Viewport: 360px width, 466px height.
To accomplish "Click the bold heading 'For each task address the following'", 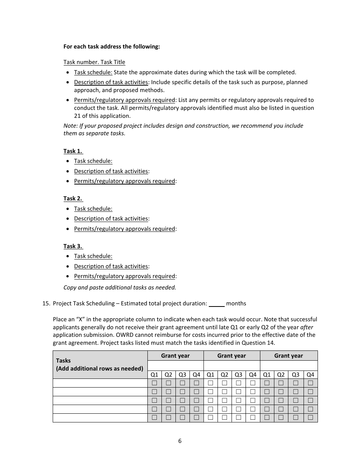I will (x=111, y=47).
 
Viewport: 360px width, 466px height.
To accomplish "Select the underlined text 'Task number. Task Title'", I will (x=94, y=62).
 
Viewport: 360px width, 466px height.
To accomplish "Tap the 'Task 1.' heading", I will (x=73, y=151).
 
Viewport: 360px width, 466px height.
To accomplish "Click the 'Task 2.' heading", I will (x=73, y=199).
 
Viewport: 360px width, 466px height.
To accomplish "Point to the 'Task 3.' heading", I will (x=73, y=246).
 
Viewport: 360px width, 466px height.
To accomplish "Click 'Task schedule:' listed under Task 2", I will (x=93, y=209).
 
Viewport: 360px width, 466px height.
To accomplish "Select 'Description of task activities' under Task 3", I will (x=111, y=266).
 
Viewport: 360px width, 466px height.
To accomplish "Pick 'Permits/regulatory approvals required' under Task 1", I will (x=124, y=181).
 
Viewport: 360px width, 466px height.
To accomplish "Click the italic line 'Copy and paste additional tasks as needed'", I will (x=119, y=287).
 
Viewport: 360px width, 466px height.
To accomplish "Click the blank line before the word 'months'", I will (x=217, y=303).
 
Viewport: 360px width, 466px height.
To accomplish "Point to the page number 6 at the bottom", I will (x=180, y=441).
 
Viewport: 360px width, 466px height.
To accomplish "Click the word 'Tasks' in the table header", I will (x=63, y=361).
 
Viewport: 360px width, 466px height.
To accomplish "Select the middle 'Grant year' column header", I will (x=232, y=356).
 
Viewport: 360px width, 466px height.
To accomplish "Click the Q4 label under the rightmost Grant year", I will (x=310, y=375).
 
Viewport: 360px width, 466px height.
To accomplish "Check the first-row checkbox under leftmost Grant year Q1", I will (x=154, y=383).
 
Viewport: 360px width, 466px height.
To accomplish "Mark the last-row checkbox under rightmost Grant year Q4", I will (x=310, y=418).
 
